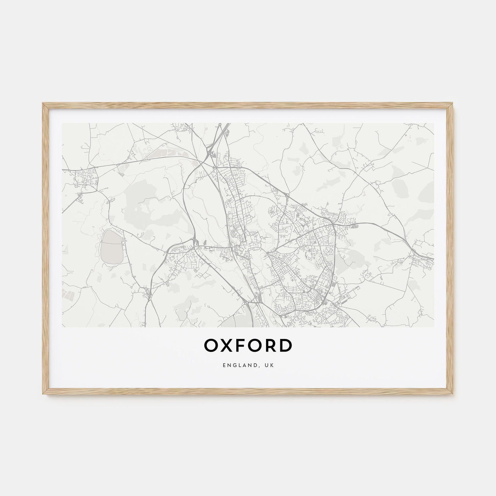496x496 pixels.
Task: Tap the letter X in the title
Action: point(227,346)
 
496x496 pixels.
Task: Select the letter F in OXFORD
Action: point(241,346)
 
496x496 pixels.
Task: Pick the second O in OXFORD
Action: point(255,346)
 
